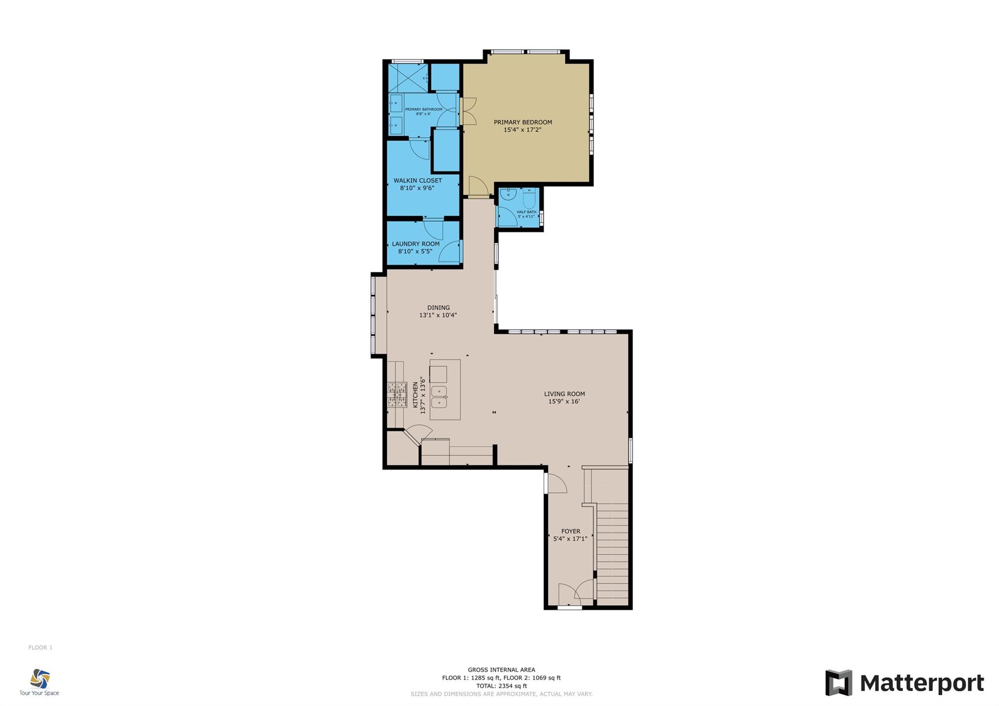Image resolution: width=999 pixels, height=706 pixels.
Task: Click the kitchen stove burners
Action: click(397, 395)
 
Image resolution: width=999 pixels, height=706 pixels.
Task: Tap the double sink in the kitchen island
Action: click(439, 397)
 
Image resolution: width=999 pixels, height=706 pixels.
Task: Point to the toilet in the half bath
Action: click(529, 198)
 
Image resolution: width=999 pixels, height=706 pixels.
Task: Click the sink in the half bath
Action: click(508, 194)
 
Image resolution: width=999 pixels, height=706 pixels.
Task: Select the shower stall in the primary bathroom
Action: click(408, 78)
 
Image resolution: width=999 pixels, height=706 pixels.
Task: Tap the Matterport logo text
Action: click(922, 683)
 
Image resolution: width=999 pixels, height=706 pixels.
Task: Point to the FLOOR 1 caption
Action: click(40, 647)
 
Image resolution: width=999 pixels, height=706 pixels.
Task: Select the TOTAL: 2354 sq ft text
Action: click(501, 686)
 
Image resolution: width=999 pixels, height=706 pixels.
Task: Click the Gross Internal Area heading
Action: click(501, 670)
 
